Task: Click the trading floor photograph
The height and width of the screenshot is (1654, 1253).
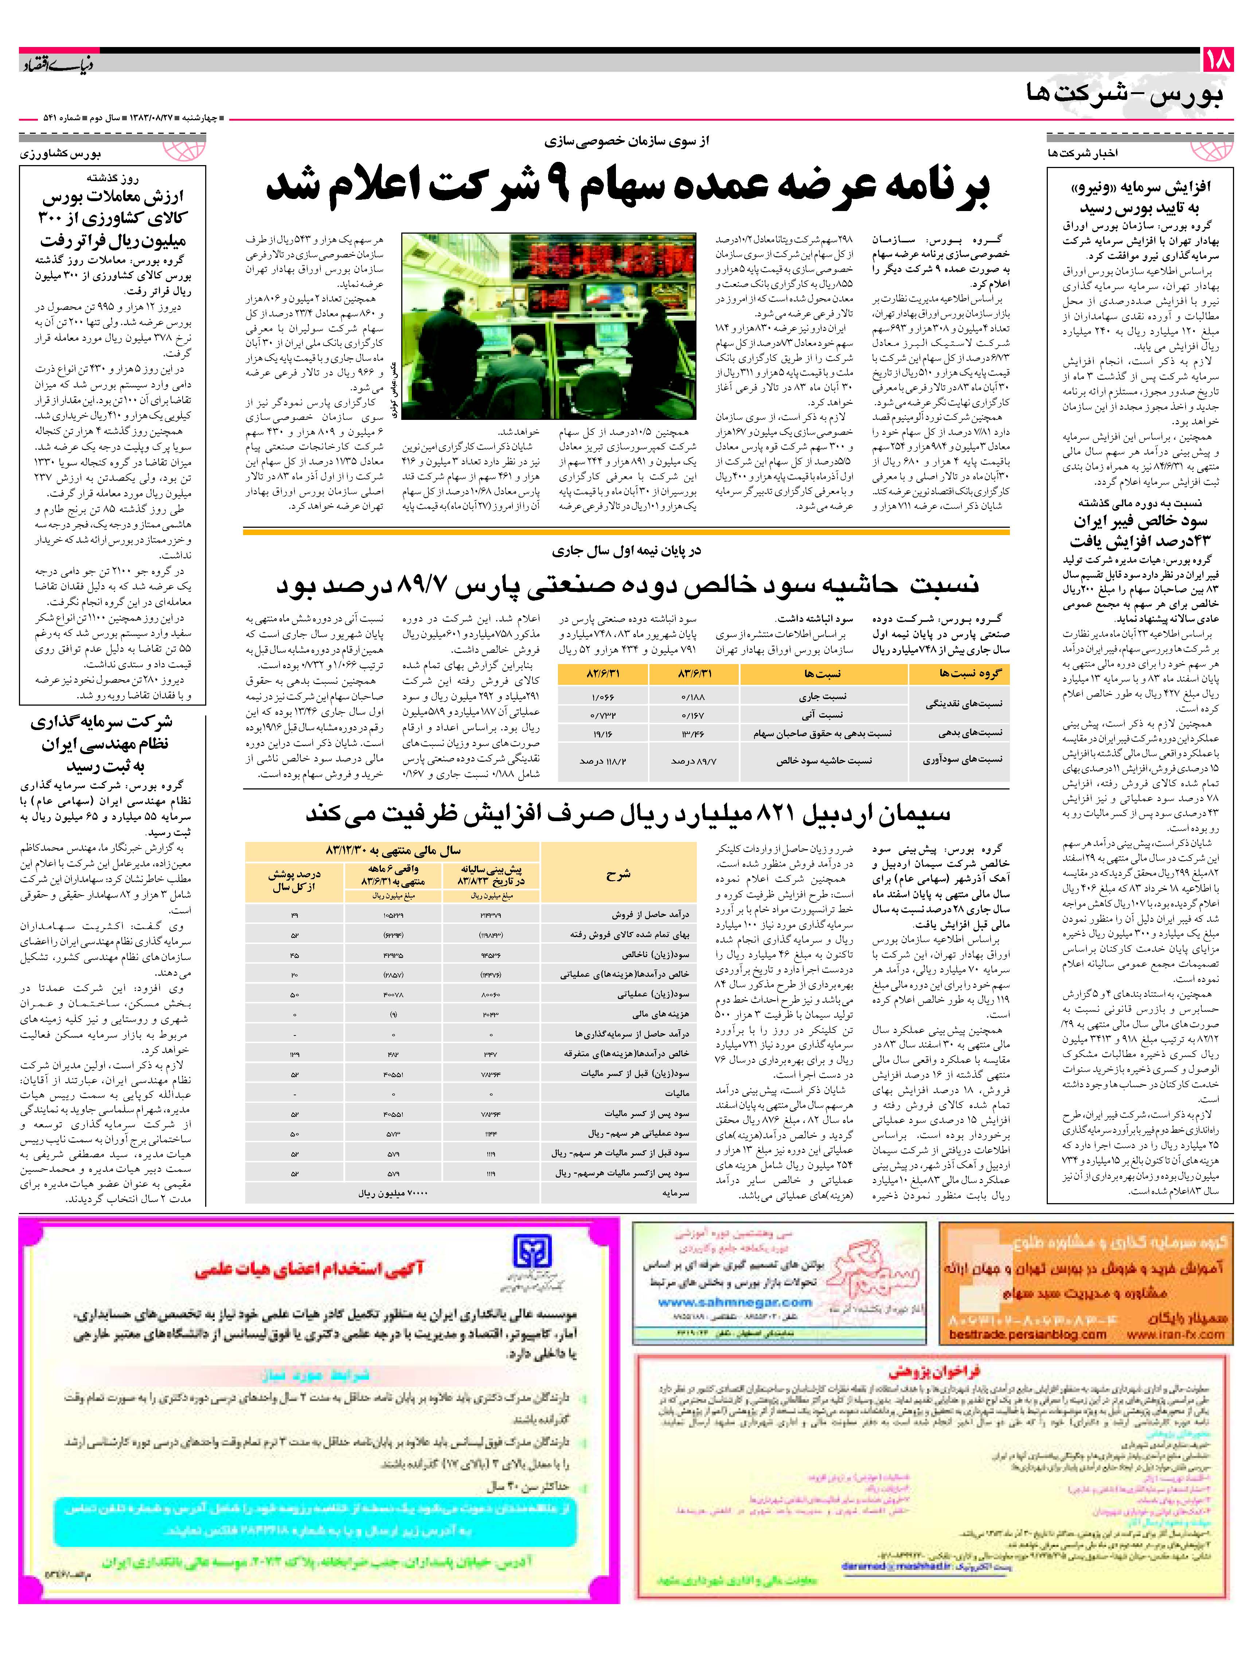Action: (x=550, y=327)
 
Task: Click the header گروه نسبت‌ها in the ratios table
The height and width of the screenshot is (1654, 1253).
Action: (x=959, y=674)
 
